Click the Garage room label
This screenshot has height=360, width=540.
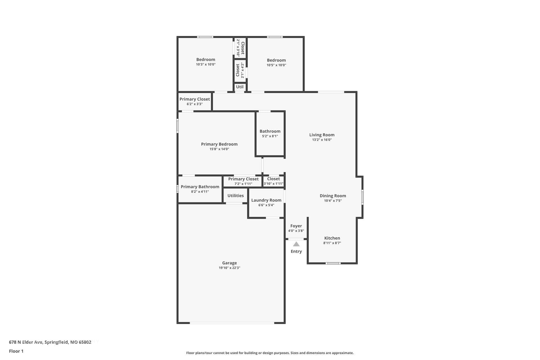pyautogui.click(x=229, y=263)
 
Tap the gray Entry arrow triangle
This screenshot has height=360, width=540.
pyautogui.click(x=296, y=244)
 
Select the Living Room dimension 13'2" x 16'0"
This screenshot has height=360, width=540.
pyautogui.click(x=322, y=140)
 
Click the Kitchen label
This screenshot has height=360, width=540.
pyautogui.click(x=332, y=238)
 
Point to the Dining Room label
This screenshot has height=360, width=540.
pyautogui.click(x=333, y=196)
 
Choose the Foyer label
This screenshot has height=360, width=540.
pyautogui.click(x=296, y=226)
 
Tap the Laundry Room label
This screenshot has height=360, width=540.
pyautogui.click(x=266, y=200)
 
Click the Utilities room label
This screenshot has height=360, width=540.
pyautogui.click(x=236, y=196)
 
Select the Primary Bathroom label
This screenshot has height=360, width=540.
pyautogui.click(x=200, y=187)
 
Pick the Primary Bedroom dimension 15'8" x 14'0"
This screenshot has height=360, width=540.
pyautogui.click(x=219, y=149)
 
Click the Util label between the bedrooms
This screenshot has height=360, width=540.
pyautogui.click(x=240, y=87)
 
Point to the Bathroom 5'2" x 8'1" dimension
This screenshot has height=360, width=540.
pyautogui.click(x=270, y=136)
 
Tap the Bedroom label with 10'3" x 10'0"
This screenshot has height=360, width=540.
pyautogui.click(x=206, y=60)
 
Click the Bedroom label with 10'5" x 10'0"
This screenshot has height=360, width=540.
pyautogui.click(x=276, y=60)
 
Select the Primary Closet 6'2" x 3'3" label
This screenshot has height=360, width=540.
pyautogui.click(x=195, y=99)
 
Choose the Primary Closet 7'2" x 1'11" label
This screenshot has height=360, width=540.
pyautogui.click(x=244, y=179)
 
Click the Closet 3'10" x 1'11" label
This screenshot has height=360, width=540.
pyautogui.click(x=274, y=179)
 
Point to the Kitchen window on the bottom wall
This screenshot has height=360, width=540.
pyautogui.click(x=333, y=263)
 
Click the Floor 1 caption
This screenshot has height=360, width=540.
pyautogui.click(x=16, y=351)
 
